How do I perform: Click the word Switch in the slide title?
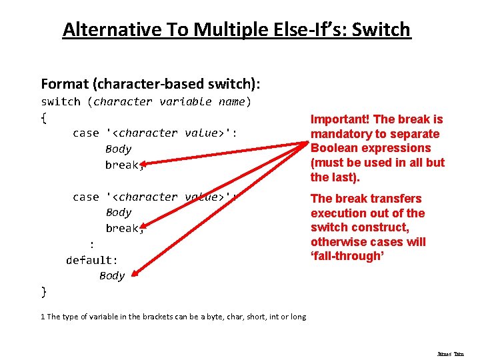(381, 30)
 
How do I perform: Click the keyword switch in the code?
(61, 102)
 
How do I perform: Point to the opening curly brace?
(44, 118)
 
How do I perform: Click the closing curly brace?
(44, 291)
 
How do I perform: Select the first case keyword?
(86, 133)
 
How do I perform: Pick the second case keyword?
(86, 197)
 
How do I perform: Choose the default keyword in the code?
(91, 260)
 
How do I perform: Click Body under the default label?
(112, 276)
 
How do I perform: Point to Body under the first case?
(119, 149)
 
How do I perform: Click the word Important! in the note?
(340, 119)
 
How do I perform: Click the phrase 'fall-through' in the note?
(347, 256)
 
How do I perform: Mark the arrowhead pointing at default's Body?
(135, 273)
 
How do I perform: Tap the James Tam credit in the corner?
(451, 354)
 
